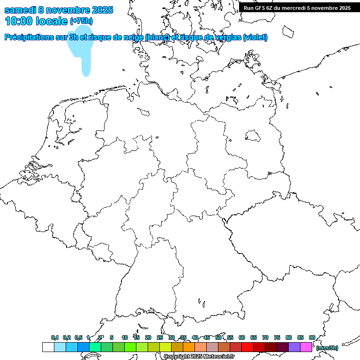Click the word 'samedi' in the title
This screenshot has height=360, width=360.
(21, 10)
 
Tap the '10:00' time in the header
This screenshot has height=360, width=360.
(18, 21)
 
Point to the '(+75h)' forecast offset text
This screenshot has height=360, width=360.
(81, 21)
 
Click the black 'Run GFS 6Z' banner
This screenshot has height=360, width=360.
(297, 7)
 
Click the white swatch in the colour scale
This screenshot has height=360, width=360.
(48, 347)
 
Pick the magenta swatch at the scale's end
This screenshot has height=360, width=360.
(306, 347)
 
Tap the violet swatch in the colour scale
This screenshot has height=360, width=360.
(294, 347)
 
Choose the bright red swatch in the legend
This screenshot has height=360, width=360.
(247, 347)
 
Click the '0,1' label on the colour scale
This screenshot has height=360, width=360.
(55, 337)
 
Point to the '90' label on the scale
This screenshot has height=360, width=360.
(312, 337)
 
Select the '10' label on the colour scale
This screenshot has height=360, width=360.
(125, 337)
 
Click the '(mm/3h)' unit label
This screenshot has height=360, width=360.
(327, 348)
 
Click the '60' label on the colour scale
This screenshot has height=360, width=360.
(242, 337)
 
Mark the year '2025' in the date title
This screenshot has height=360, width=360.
(99, 10)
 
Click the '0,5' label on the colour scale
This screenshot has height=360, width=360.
(78, 337)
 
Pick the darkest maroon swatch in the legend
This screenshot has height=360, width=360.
(283, 347)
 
